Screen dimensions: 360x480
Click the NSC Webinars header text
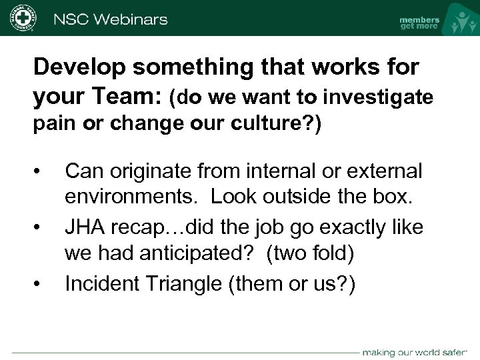[x=109, y=18]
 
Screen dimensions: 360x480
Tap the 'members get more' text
[x=419, y=23]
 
